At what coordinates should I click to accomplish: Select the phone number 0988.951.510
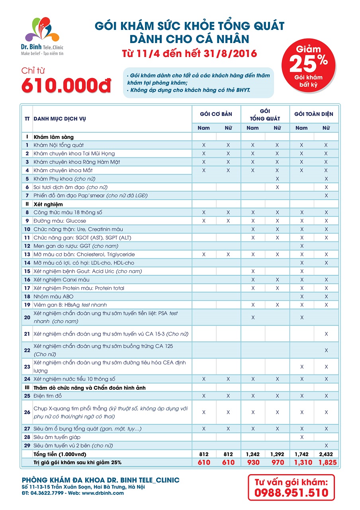coord(292,492)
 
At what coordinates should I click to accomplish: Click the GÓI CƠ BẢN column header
coord(216,114)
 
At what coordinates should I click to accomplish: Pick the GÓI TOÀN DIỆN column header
coord(313,114)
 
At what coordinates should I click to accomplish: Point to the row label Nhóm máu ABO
coord(53,296)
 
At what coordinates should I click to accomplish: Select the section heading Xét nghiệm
coord(48,204)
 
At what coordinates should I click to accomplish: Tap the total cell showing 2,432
coord(326,454)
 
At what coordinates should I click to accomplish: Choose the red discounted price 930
coord(253,463)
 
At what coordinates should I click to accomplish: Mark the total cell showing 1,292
coord(277,454)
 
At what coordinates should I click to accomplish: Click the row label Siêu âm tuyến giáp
coord(57,437)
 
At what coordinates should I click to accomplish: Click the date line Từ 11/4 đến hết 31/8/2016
coord(189,53)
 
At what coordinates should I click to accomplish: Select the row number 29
coord(27,445)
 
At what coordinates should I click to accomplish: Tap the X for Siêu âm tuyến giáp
coord(301,437)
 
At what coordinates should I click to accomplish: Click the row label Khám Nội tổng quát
coord(59,145)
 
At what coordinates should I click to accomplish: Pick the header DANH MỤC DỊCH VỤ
coord(59,119)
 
